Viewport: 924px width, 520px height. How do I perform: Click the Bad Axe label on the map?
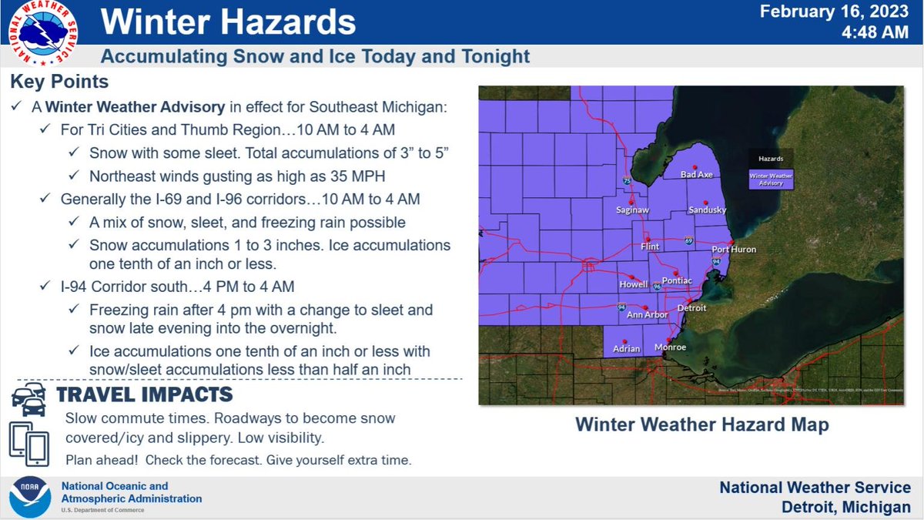tap(697, 175)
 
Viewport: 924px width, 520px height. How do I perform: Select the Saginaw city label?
tap(634, 210)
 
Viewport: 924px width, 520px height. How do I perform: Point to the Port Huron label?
tap(733, 250)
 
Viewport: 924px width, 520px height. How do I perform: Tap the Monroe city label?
tap(670, 347)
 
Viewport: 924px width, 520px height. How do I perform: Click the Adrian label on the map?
tap(626, 349)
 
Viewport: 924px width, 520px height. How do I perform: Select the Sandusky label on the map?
tap(707, 210)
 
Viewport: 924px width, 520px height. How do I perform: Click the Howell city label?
tap(633, 285)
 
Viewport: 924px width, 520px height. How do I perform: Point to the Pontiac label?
tap(678, 282)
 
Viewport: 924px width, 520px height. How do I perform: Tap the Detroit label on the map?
tap(691, 308)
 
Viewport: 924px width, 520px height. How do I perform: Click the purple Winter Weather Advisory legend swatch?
tap(771, 179)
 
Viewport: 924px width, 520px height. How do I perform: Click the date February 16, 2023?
tap(835, 12)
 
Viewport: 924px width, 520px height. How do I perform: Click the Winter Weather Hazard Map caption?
tap(701, 424)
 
